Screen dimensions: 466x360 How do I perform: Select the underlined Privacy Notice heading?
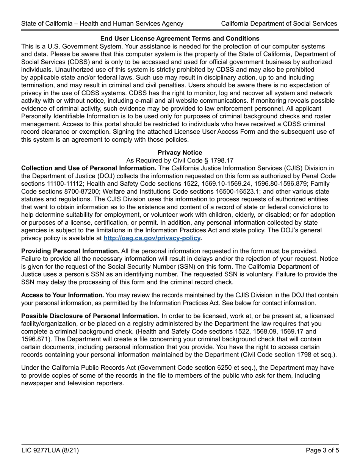180,152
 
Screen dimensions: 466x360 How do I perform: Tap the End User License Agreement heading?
180,39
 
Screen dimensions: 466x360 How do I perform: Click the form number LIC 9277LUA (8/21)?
50,451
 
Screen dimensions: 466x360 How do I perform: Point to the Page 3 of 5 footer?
322,451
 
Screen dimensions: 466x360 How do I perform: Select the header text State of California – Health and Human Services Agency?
102,23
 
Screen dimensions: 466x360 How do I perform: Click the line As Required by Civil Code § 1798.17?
180,160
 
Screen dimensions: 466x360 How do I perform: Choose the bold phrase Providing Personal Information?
70,251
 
